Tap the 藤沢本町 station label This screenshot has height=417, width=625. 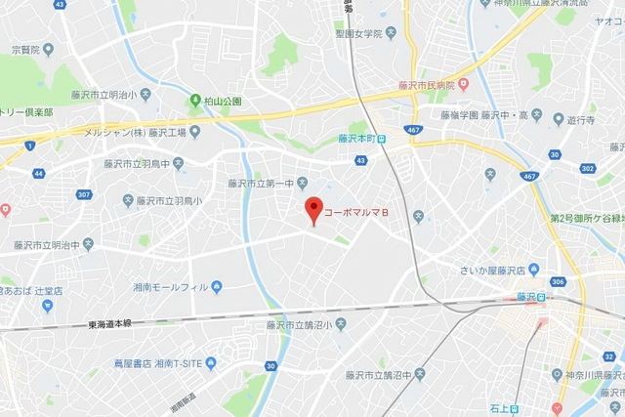click(357, 139)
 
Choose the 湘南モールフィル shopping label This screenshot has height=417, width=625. click(173, 287)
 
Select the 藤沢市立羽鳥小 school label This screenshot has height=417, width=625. click(168, 200)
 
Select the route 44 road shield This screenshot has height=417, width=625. click(38, 173)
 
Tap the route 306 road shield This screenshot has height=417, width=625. click(556, 281)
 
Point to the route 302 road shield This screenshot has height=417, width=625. click(589, 168)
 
